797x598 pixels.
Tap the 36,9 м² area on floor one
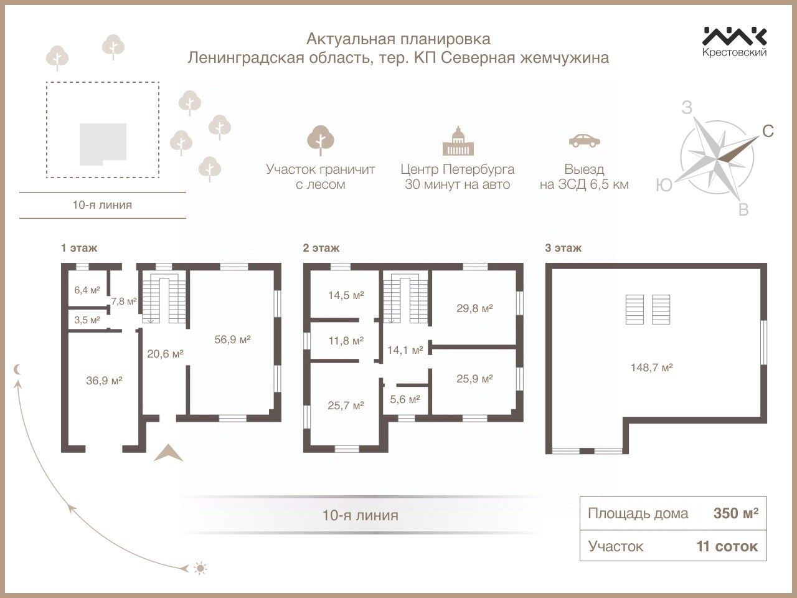tap(103, 380)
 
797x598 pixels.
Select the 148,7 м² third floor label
tap(651, 368)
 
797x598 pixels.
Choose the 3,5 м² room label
tap(87, 320)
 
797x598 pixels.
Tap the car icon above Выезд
tap(584, 140)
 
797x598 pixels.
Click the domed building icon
tap(458, 141)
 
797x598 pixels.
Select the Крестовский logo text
tap(735, 53)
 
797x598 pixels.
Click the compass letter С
tap(768, 131)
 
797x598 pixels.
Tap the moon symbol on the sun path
tap(19, 369)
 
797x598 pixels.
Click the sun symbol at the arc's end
tap(200, 567)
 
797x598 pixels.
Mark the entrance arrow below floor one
tap(168, 453)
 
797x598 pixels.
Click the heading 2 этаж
tap(321, 248)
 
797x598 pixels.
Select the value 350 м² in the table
tap(735, 513)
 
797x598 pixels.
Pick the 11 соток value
tap(727, 546)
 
